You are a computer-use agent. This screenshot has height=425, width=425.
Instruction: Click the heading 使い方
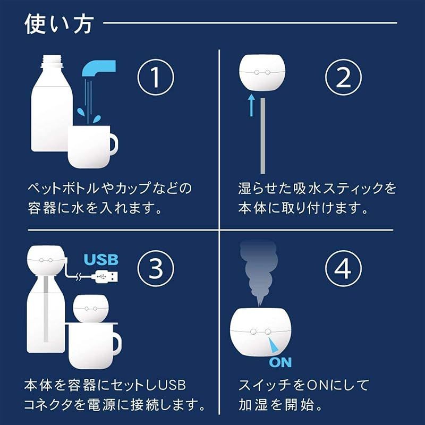tap(59, 24)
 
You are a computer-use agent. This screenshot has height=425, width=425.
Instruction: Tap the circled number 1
tap(156, 76)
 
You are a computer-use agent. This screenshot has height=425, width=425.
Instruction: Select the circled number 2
tap(343, 76)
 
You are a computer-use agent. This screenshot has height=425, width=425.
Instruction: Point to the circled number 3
tap(156, 268)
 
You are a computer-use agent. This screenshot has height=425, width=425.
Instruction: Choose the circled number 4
tap(343, 268)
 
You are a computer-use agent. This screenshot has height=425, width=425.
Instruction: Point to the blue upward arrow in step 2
tap(251, 105)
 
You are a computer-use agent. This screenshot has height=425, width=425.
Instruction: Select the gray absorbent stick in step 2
tap(262, 136)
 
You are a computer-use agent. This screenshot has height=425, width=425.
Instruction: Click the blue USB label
tap(101, 259)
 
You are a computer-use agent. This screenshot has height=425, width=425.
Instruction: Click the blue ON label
tap(280, 362)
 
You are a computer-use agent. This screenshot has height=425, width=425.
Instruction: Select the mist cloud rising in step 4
tap(259, 271)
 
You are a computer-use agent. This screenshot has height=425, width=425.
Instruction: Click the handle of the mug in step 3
tap(117, 343)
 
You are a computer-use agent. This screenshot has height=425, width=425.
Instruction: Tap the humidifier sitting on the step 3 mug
tap(90, 309)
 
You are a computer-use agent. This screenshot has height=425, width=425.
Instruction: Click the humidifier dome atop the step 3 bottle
tap(46, 260)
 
